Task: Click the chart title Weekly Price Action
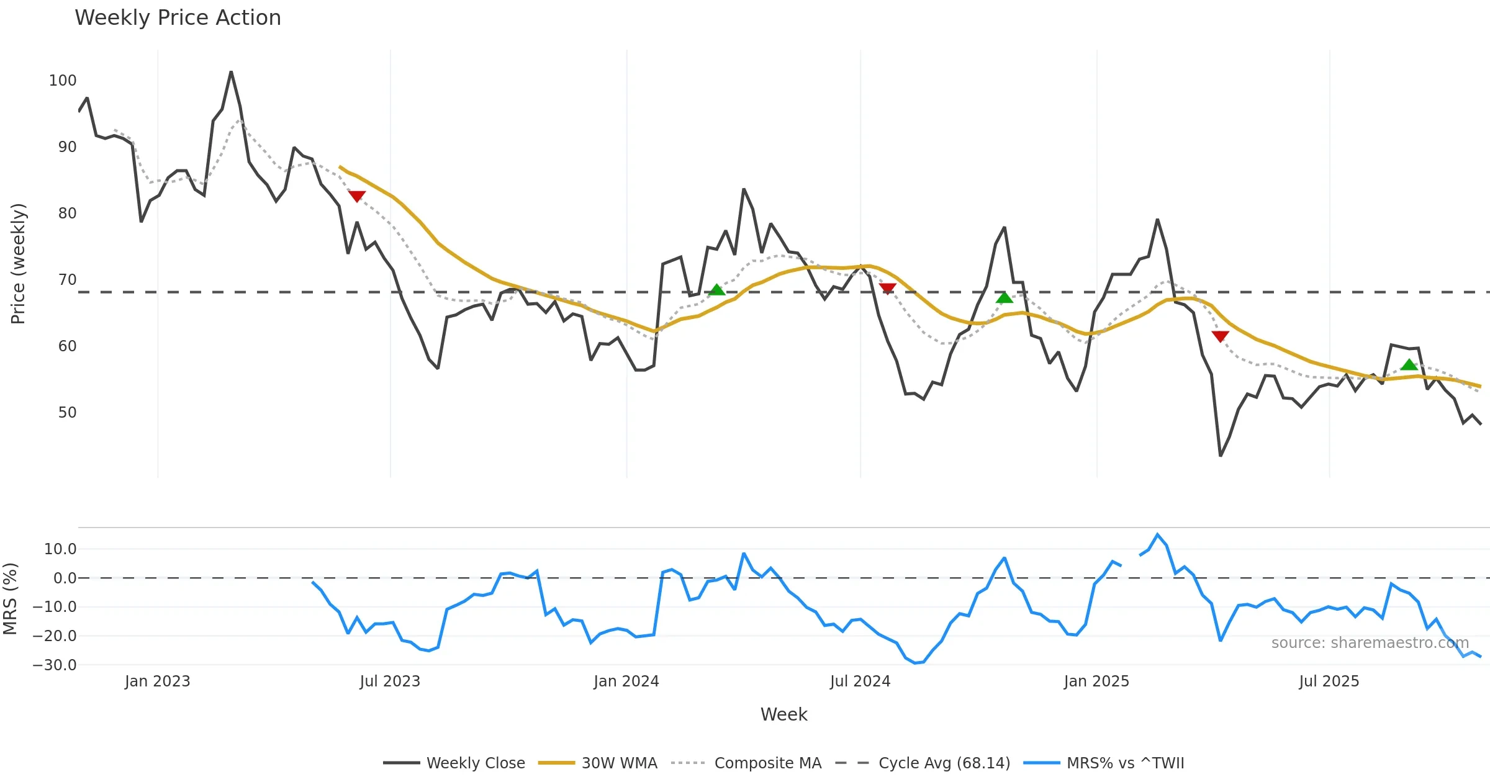point(178,18)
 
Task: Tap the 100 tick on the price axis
point(63,81)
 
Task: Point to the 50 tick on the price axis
point(67,413)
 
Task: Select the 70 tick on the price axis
point(67,280)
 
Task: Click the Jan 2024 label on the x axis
point(626,681)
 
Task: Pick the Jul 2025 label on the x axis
point(1329,681)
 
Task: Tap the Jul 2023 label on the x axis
point(390,681)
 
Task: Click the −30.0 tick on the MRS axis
point(55,665)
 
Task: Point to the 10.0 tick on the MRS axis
point(60,549)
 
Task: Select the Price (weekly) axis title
point(18,264)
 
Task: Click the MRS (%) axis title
point(10,599)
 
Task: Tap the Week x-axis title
point(783,715)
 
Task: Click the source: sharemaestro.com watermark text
point(1370,643)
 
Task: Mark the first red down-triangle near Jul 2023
point(357,197)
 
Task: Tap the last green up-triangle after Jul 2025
point(1409,365)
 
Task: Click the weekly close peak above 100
point(231,72)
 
